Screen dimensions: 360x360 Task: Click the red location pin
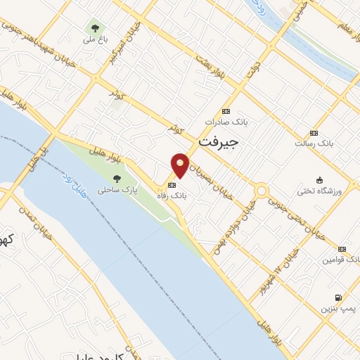tap(181, 165)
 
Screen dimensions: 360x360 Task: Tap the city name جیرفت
tap(219, 140)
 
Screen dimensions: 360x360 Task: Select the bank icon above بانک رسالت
tap(313, 132)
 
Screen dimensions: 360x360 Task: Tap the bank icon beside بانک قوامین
tap(342, 249)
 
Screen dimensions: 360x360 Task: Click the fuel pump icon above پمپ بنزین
tap(340, 297)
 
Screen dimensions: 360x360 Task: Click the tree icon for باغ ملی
tap(94, 28)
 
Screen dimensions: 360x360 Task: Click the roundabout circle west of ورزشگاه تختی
tap(262, 190)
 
